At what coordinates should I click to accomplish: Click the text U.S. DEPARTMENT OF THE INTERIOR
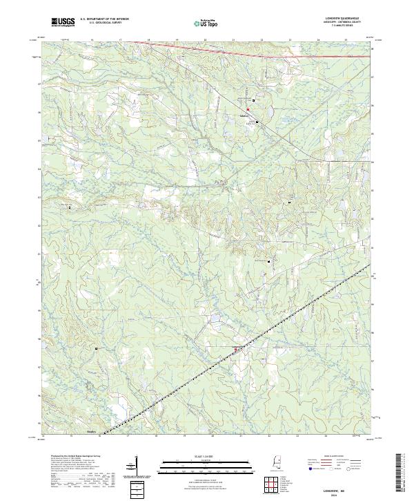click(103, 19)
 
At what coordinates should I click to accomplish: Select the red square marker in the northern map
click(248, 109)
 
